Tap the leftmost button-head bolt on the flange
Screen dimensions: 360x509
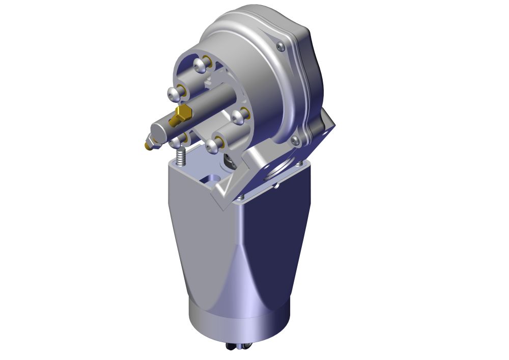tap(174, 94)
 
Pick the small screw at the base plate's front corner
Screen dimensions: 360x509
tap(241, 197)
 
